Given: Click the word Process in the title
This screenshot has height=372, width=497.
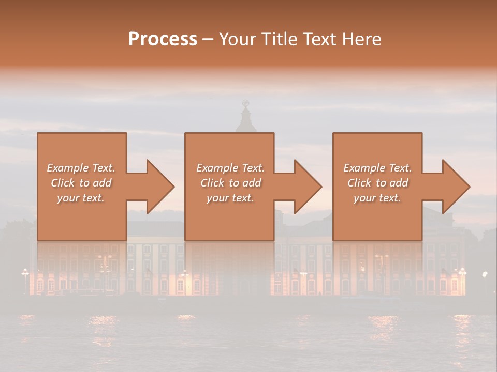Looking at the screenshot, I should point(163,39).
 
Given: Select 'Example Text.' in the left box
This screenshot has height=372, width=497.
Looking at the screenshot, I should point(81,168).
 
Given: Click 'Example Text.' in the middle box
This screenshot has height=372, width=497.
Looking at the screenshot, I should point(230,168).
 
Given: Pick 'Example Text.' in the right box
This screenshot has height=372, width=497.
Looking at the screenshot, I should point(377,168).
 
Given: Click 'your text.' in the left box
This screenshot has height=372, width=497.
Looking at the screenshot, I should point(81,198).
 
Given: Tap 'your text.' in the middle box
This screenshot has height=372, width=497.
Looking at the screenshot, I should point(230,198).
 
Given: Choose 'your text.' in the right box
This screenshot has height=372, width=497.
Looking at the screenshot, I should point(377,198).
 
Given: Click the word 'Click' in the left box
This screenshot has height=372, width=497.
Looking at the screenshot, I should point(63,183).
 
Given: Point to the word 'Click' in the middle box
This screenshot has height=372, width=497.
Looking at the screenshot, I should point(212,183).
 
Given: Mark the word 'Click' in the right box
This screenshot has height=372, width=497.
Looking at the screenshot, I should point(359,183).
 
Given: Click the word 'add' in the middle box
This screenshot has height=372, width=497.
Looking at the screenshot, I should point(251,183).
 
